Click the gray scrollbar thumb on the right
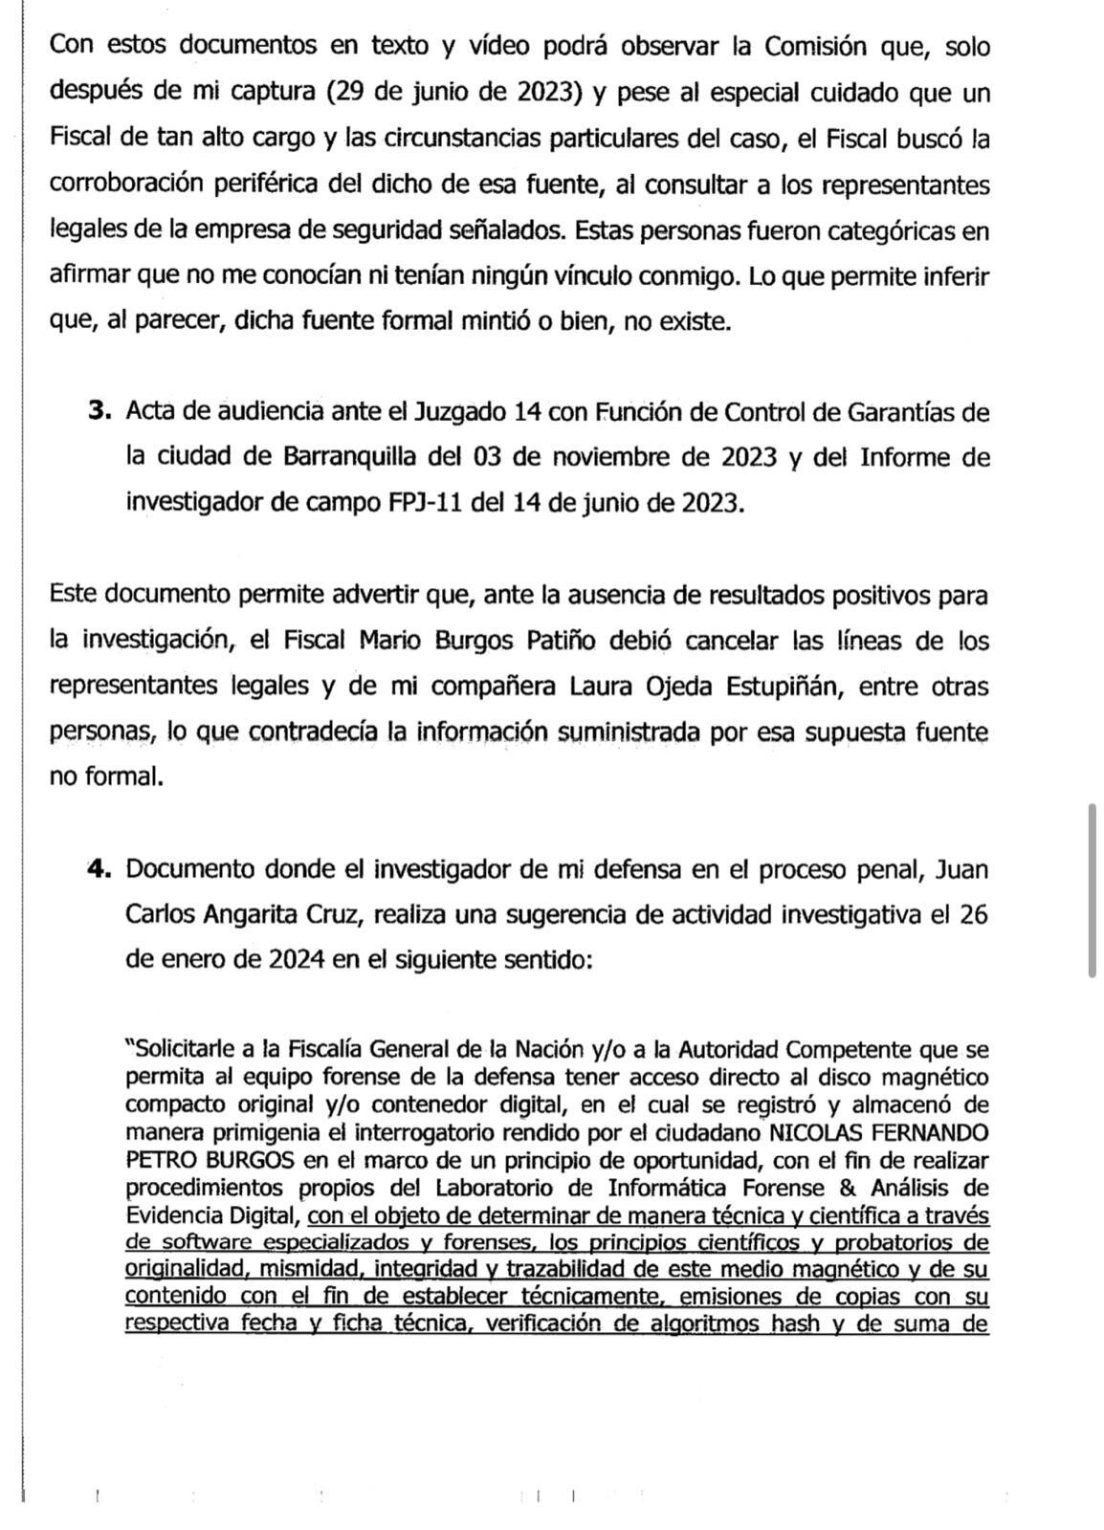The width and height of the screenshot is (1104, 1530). click(1092, 889)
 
